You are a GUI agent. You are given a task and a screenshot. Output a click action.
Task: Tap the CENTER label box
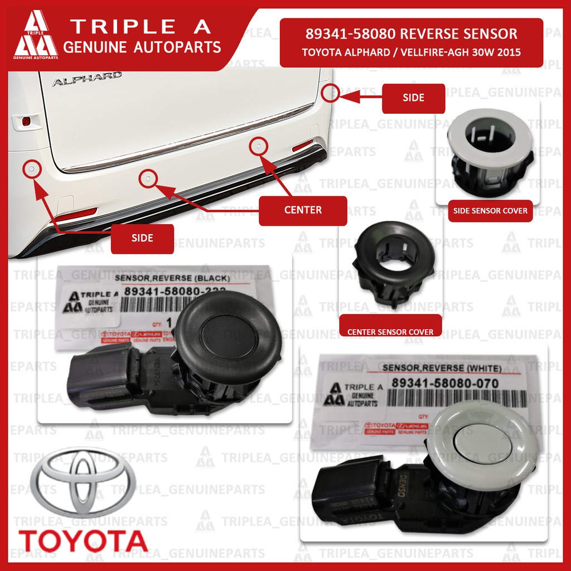click(302, 210)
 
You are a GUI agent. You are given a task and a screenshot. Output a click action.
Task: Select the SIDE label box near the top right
click(413, 98)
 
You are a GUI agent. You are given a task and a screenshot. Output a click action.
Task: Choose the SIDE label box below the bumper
click(142, 238)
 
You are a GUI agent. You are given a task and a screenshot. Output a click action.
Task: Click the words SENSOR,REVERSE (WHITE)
click(442, 369)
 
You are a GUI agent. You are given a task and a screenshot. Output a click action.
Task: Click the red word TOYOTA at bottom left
click(83, 540)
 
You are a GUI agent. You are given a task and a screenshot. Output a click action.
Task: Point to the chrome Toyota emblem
click(82, 485)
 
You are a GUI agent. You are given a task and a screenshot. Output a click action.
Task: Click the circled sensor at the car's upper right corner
click(331, 92)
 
